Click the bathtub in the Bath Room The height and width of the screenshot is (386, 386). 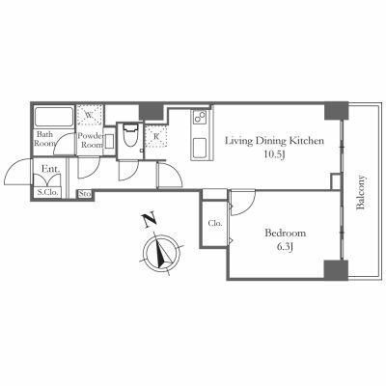[x=54, y=117]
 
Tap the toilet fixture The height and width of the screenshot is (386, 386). [x=130, y=136]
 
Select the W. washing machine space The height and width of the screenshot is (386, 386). [x=90, y=115]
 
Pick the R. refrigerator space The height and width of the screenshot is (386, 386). [x=156, y=136]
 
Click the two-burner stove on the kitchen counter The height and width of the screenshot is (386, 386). [x=200, y=117]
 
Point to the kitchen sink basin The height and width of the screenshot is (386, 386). [x=200, y=148]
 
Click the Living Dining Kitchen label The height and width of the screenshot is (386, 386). [x=274, y=141]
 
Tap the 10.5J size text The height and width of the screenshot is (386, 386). [x=274, y=154]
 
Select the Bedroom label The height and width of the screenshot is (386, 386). [x=285, y=233]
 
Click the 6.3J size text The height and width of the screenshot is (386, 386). [x=285, y=247]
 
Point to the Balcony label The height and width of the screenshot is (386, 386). [x=361, y=192]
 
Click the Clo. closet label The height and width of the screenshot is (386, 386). [x=214, y=223]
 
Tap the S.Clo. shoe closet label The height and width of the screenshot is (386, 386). [x=47, y=193]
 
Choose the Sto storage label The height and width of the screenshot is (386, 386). [x=85, y=194]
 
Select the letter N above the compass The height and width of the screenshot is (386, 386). [x=150, y=220]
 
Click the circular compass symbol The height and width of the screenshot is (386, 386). [x=161, y=252]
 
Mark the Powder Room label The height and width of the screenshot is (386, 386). [x=91, y=140]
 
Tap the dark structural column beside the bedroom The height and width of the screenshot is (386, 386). [x=336, y=269]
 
